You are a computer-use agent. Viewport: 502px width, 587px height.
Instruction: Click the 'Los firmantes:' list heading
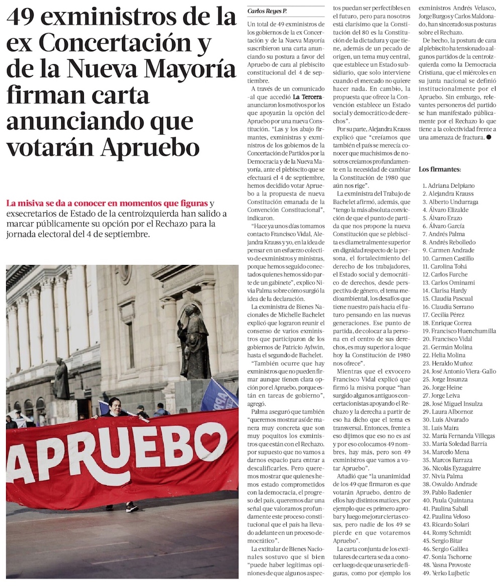click(x=440, y=169)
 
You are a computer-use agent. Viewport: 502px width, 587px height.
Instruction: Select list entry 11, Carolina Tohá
click(x=444, y=266)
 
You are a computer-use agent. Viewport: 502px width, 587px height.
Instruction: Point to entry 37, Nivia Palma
click(x=443, y=476)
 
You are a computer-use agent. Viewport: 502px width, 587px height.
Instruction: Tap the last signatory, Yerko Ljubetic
click(x=446, y=573)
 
